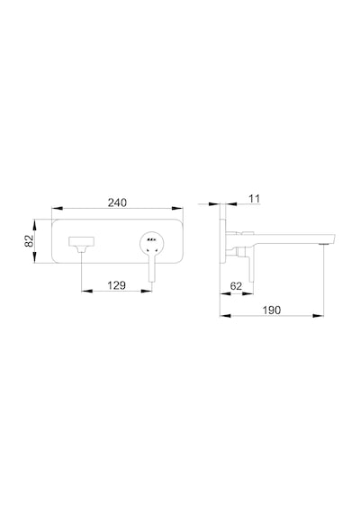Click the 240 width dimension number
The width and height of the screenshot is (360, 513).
pos(117,202)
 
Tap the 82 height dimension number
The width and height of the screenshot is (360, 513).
pos(30,241)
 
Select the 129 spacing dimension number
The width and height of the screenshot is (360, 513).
pos(116,285)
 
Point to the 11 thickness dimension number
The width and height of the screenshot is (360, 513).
pos(255,199)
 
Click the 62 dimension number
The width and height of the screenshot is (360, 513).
pos(236,286)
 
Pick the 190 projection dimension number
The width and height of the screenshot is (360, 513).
pos(272,310)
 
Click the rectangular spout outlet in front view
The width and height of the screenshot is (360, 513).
pos(82,242)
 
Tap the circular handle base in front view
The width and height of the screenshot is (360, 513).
pos(152,243)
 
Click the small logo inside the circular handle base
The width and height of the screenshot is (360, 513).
pos(151,240)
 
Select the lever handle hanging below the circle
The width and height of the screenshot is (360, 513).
pos(152,269)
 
